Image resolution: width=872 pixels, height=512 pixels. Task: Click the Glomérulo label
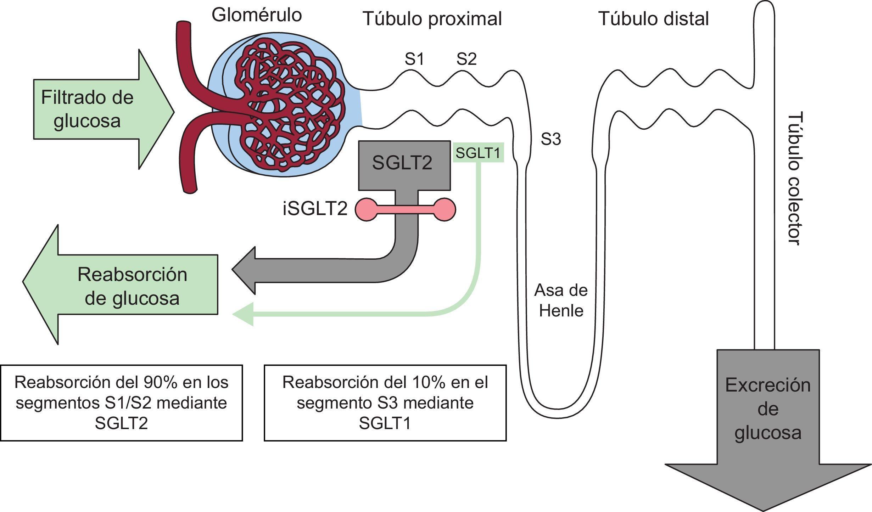(x=257, y=15)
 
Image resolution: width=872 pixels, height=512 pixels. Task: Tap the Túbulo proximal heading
(x=432, y=19)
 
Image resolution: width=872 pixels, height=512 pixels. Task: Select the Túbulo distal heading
(x=654, y=18)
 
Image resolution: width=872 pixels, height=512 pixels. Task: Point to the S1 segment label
(x=414, y=59)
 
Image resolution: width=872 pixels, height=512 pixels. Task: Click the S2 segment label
(x=466, y=59)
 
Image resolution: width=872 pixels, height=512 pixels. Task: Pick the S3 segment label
(x=550, y=140)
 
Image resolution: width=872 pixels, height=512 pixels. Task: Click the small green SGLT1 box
(x=478, y=153)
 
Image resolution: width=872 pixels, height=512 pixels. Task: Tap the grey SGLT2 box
(x=404, y=164)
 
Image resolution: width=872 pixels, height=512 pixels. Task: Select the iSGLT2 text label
(x=315, y=209)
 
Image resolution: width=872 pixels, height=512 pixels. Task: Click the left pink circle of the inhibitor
(x=366, y=210)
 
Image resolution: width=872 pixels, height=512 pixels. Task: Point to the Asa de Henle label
(x=561, y=300)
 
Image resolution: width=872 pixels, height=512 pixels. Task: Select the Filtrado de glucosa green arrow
(x=103, y=109)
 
